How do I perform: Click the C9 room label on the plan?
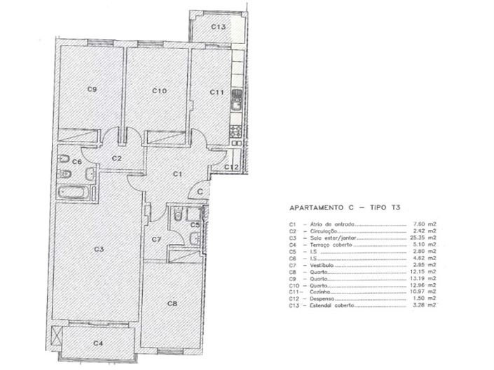coord(91,90)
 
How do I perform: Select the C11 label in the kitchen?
coord(216,91)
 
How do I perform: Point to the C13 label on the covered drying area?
coord(219,27)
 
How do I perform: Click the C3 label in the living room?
coord(100,249)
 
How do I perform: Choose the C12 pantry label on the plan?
coord(233,167)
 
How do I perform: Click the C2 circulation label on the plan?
coord(117,158)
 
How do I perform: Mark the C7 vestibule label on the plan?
coord(158,240)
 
